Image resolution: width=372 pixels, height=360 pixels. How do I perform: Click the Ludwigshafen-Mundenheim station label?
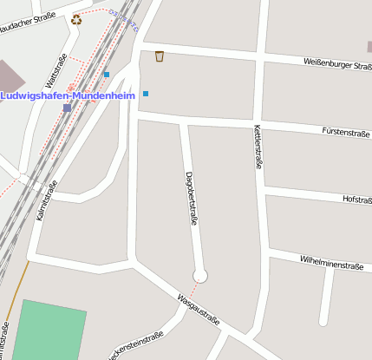coord(68,95)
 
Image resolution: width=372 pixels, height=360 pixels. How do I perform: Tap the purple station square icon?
coord(68,108)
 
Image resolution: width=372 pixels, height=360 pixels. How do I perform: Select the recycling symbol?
coord(76,19)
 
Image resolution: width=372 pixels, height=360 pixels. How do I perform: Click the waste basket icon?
coord(160,56)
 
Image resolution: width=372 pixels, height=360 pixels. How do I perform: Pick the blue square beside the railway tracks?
coord(107,75)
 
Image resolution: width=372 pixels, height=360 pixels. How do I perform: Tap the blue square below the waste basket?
coord(146,93)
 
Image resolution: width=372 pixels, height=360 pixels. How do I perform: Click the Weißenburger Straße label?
coord(337,63)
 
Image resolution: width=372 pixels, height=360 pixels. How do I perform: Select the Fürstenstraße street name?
coord(345,133)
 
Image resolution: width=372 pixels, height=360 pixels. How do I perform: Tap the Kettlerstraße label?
coord(258,146)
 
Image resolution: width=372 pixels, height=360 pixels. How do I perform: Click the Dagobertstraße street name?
coord(191,198)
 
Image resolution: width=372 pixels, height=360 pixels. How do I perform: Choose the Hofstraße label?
coord(356,200)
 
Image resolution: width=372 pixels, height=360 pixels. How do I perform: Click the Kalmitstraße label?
coord(47,200)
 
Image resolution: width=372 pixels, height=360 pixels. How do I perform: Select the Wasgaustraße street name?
coord(198,310)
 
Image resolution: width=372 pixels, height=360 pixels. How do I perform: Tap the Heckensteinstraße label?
coord(135,345)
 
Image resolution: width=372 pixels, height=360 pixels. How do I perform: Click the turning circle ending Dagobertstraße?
coord(200,276)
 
